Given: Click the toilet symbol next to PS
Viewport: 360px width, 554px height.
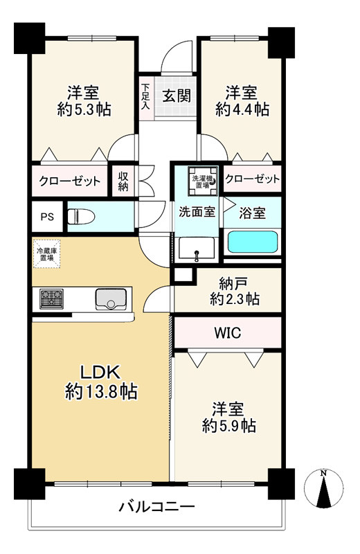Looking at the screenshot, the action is click(x=81, y=216).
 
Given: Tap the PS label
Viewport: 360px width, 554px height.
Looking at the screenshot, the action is click(x=47, y=217).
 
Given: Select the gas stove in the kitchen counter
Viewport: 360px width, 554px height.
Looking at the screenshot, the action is click(x=52, y=299).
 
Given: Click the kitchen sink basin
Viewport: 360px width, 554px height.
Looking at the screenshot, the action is click(x=111, y=299).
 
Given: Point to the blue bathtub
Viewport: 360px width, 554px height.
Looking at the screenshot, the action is click(x=252, y=242).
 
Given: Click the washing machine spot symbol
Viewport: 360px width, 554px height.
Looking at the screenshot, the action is click(x=203, y=181).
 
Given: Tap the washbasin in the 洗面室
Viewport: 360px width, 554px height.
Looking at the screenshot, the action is click(x=197, y=249).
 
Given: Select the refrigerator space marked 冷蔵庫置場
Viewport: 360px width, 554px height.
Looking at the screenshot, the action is click(x=46, y=253).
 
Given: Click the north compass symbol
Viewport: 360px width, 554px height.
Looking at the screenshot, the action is click(x=323, y=489).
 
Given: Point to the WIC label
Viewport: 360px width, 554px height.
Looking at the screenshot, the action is click(x=228, y=332).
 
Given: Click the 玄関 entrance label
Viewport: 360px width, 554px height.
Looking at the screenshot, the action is click(x=177, y=96).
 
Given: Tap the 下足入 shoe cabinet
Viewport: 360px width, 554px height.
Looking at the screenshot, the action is click(x=146, y=96).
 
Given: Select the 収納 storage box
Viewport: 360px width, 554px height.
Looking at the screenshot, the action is click(x=123, y=181).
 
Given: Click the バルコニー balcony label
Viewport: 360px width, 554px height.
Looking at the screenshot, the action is click(x=157, y=508).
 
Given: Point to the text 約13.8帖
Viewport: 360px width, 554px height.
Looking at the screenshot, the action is click(x=101, y=391).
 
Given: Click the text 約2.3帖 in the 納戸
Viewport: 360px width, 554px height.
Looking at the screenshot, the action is click(x=235, y=300).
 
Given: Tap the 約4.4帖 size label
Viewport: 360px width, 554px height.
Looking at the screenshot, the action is click(x=242, y=109).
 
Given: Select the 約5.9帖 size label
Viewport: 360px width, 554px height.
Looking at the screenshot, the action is click(x=229, y=426).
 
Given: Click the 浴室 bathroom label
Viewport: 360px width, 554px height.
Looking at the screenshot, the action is click(x=252, y=213).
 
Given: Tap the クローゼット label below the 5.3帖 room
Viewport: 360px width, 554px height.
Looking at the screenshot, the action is click(x=70, y=181).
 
